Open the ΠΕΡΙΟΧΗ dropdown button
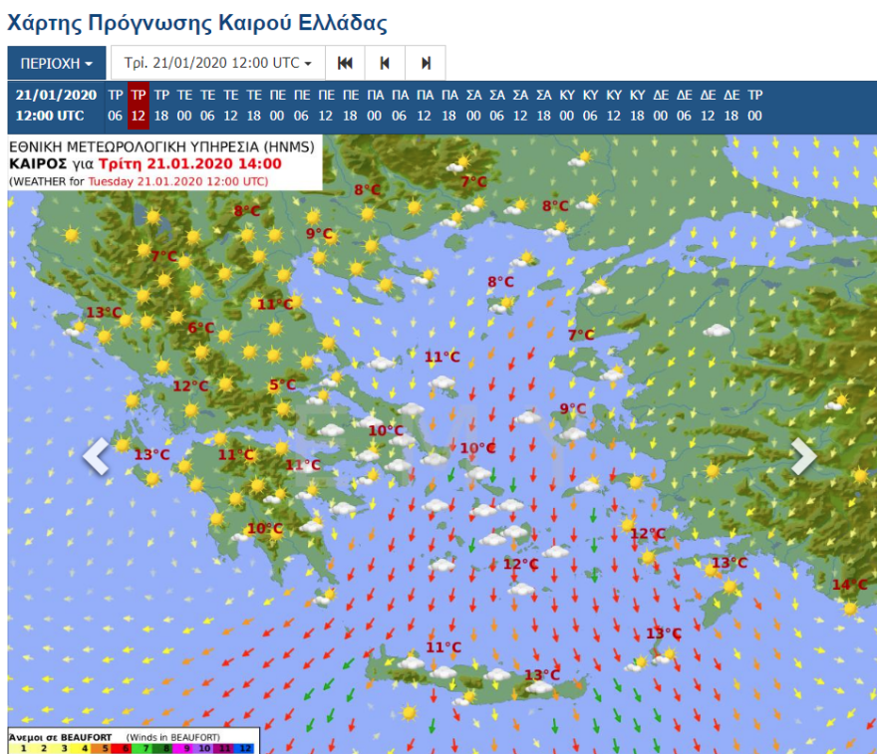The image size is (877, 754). click(56, 63)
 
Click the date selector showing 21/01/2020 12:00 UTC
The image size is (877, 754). click(217, 63)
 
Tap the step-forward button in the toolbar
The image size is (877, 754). click(427, 63)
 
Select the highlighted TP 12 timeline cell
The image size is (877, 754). click(139, 105)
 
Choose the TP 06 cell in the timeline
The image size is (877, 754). click(116, 105)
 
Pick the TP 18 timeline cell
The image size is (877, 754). click(161, 105)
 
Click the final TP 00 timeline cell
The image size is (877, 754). click(754, 105)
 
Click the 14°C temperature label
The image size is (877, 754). click(849, 585)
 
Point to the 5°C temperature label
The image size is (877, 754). click(282, 385)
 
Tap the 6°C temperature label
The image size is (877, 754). click(201, 328)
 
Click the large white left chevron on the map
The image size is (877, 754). click(96, 456)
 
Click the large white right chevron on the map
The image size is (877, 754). click(803, 456)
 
